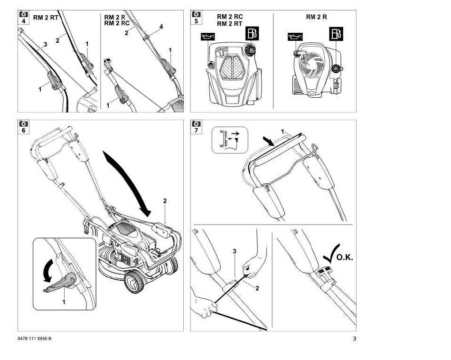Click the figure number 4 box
click(23, 18)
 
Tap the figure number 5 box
click(196, 18)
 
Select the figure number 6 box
click(23, 127)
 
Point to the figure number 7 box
click(196, 127)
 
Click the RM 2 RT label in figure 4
click(46, 18)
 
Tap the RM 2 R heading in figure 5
click(316, 17)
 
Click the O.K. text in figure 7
click(345, 257)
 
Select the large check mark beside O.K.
click(331, 254)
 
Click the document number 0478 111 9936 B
click(35, 339)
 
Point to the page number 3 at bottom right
click(354, 339)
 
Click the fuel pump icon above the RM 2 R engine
click(336, 34)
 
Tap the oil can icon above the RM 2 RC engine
click(208, 37)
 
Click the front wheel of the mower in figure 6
click(134, 282)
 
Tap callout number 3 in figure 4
click(46, 44)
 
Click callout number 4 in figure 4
click(161, 27)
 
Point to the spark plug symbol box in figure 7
click(230, 140)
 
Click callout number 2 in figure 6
click(165, 201)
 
